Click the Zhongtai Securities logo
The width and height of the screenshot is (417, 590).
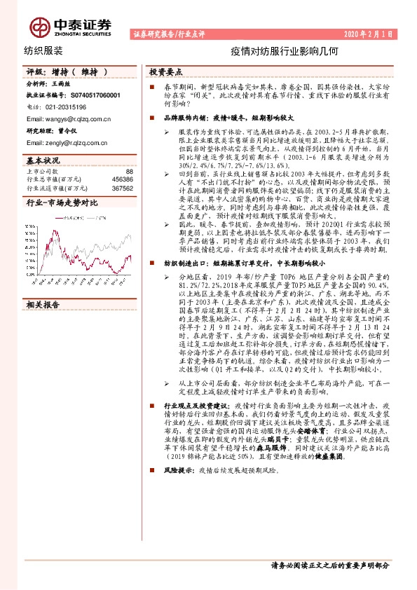pos(70,27)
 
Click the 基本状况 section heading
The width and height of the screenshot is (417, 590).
pos(44,160)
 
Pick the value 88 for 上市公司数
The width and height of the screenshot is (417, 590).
pos(128,171)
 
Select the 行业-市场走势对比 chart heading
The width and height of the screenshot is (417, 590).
pos(62,203)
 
